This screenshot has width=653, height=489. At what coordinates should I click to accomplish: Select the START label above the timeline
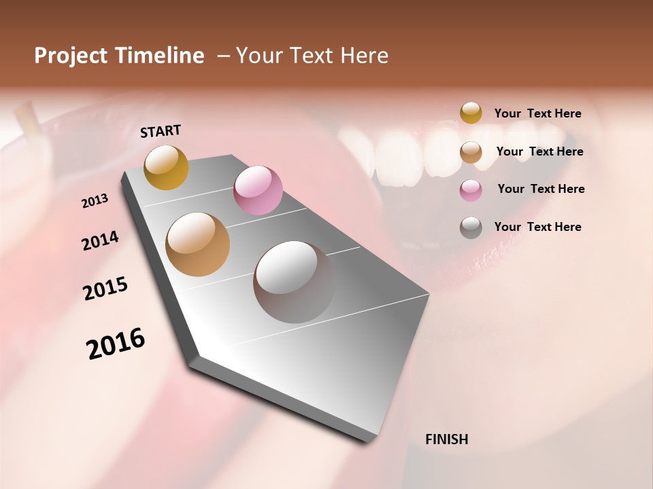click(161, 131)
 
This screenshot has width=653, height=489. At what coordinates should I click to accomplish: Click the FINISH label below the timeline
click(446, 439)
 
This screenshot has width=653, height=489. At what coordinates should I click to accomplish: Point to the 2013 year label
click(95, 201)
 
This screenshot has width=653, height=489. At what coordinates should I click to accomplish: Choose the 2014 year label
click(100, 240)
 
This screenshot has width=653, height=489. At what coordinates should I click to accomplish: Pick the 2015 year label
click(105, 289)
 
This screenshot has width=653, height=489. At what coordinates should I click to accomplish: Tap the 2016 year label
click(116, 343)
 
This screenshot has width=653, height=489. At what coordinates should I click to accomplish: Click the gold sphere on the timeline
click(166, 167)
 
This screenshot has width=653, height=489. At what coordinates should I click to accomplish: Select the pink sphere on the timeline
click(258, 190)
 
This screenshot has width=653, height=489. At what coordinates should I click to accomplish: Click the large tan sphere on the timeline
click(198, 244)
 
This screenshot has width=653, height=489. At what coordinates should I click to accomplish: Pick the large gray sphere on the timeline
click(295, 282)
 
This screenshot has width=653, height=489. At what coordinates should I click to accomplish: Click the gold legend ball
click(471, 113)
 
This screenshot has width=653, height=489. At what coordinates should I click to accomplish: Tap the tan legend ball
click(471, 152)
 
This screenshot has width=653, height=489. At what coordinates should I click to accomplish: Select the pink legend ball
click(471, 190)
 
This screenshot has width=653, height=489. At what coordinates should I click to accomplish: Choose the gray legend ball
click(471, 228)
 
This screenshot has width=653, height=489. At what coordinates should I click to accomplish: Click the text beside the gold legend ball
click(537, 113)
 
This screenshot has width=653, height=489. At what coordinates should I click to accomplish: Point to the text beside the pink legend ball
click(541, 189)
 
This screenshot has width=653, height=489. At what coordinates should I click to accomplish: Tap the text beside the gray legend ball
click(537, 227)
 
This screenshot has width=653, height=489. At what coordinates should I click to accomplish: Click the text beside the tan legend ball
click(539, 151)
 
